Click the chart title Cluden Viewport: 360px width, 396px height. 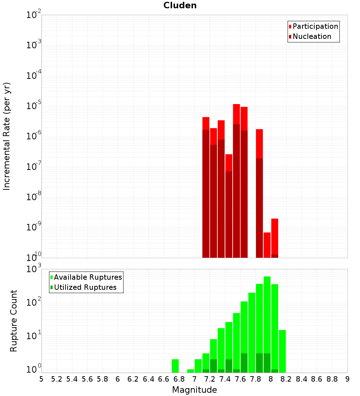pos(180,5)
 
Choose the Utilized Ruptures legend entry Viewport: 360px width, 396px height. pos(85,287)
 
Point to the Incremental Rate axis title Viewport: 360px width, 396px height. pos(7,136)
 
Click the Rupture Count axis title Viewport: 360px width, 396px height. pos(14,321)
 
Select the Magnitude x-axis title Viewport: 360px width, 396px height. pos(194,390)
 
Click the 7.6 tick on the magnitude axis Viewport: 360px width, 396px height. pos(240,379)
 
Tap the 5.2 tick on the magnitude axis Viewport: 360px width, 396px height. pos(57,379)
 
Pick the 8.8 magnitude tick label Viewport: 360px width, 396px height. pos(332,379)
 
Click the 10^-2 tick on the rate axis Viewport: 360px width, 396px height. pos(34,15)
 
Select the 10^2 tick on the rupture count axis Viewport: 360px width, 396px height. pos(34,303)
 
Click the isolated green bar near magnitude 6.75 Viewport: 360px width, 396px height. pos(175,366)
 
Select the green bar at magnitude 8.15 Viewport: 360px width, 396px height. pos(282,351)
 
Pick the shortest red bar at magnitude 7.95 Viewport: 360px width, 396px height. pos(267,245)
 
